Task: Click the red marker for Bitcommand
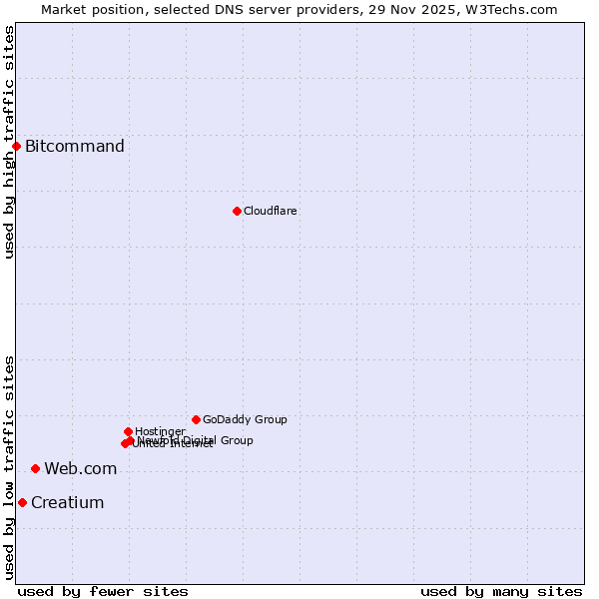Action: pyautogui.click(x=16, y=147)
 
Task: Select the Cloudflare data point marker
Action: pyautogui.click(x=237, y=211)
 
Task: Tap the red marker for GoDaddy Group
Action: pyautogui.click(x=196, y=419)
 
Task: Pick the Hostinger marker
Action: pyautogui.click(x=128, y=431)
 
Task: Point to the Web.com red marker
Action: pyautogui.click(x=35, y=468)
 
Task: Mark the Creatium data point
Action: pyautogui.click(x=22, y=502)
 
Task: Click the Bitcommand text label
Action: pyautogui.click(x=75, y=147)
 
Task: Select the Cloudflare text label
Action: pyautogui.click(x=271, y=211)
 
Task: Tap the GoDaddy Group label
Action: pyautogui.click(x=245, y=419)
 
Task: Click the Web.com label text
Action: pyautogui.click(x=80, y=468)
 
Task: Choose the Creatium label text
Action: pyautogui.click(x=67, y=502)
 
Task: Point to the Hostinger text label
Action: pyautogui.click(x=160, y=431)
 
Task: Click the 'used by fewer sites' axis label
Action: pyautogui.click(x=103, y=591)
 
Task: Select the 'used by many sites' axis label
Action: pyautogui.click(x=501, y=591)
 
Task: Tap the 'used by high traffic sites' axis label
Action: pyautogui.click(x=9, y=141)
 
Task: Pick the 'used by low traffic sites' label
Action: pyautogui.click(x=9, y=467)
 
